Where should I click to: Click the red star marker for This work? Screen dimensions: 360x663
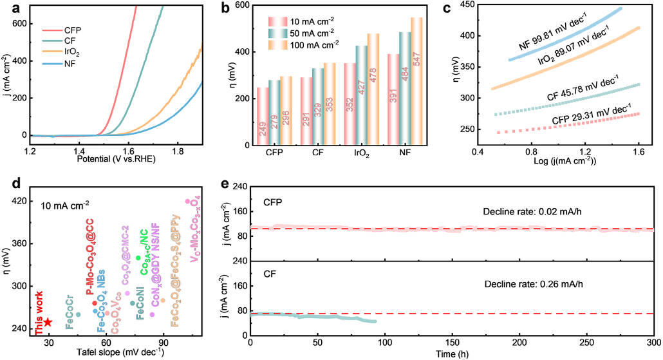tap(48, 322)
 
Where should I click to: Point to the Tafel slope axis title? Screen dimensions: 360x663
tap(106, 351)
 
